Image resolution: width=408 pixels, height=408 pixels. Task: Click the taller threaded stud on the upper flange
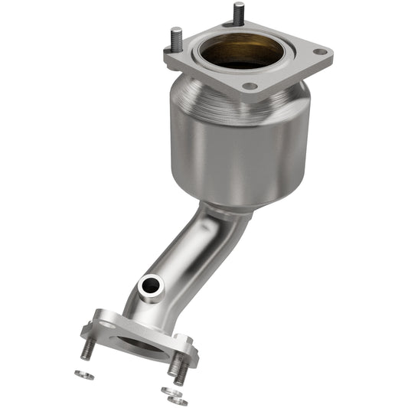[x=239, y=13]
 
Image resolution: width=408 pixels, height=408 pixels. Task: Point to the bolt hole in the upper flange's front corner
[x=249, y=86]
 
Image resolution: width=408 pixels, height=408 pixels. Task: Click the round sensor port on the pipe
[x=150, y=286]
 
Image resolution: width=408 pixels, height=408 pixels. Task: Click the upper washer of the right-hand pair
[x=168, y=390]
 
